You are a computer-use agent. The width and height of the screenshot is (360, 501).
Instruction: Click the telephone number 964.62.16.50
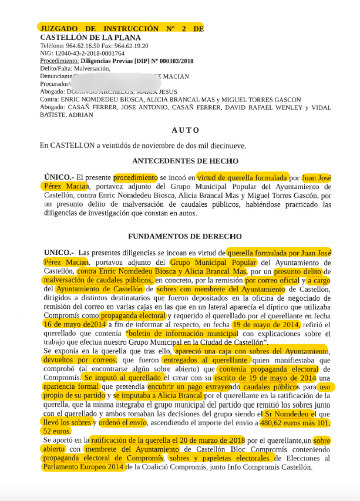pyautogui.click(x=80, y=45)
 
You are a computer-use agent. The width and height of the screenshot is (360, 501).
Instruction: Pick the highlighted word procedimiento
pyautogui.click(x=134, y=177)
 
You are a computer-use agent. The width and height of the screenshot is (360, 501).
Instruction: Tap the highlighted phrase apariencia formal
pyautogui.click(x=71, y=388)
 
